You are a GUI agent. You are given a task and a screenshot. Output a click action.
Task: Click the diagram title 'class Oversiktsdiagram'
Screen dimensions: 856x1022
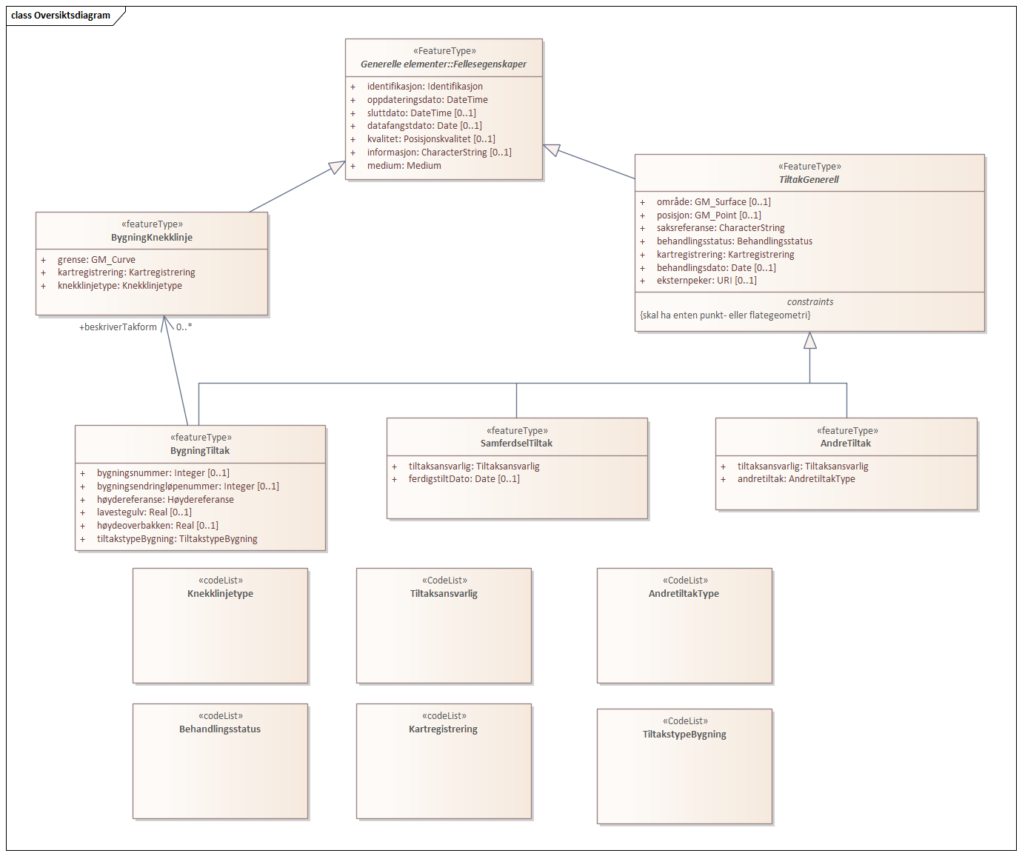click(x=61, y=16)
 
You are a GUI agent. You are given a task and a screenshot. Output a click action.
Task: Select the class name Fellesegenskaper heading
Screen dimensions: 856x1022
click(x=444, y=64)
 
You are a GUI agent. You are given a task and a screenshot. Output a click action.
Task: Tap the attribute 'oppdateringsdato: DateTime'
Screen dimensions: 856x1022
click(x=427, y=100)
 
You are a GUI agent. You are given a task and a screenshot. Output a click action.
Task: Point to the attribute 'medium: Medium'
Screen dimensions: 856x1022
click(x=404, y=166)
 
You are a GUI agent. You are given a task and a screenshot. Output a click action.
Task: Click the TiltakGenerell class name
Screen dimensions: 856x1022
click(x=809, y=180)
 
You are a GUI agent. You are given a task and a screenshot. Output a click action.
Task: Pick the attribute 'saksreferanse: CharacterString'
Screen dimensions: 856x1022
click(x=720, y=228)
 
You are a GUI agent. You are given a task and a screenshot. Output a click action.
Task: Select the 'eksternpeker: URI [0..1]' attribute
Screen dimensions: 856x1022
click(x=706, y=281)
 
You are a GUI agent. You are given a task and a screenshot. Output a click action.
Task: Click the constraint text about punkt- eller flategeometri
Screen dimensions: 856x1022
click(x=725, y=315)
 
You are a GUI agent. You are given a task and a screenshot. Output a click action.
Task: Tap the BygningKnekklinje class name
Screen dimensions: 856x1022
click(x=152, y=238)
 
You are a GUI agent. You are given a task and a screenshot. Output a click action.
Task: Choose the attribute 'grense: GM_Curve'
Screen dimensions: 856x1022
click(x=96, y=260)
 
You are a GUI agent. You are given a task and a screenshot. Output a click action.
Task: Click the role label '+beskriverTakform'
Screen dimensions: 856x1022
click(x=118, y=327)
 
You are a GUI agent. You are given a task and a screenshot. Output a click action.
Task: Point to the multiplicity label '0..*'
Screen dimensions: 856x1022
click(x=184, y=327)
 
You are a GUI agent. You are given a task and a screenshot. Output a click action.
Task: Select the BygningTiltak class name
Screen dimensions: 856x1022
click(x=200, y=451)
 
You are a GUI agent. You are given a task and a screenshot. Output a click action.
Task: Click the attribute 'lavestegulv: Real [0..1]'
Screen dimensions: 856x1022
click(x=144, y=512)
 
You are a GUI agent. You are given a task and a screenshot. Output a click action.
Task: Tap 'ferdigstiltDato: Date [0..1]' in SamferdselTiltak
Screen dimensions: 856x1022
click(x=464, y=479)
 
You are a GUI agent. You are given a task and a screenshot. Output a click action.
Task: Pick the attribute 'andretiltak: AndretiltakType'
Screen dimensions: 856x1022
click(x=795, y=479)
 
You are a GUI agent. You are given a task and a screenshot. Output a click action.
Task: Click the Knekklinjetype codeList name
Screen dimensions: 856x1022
click(x=220, y=594)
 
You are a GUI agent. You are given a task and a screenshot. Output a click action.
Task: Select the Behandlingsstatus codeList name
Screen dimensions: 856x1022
click(x=220, y=729)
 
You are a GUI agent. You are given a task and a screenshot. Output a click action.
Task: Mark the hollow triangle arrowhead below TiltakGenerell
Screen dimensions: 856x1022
click(x=809, y=341)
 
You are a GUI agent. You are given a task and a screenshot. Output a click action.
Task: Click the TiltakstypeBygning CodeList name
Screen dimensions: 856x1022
click(x=684, y=735)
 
